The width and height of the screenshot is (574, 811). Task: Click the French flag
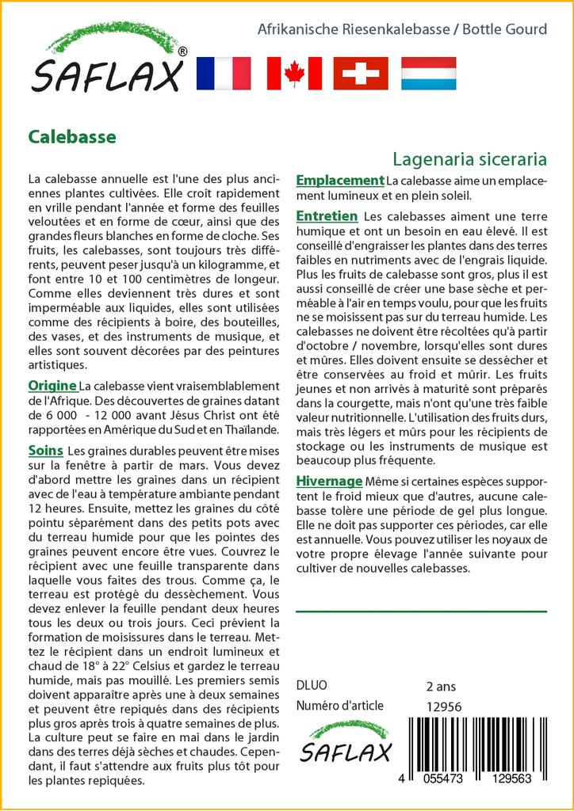[223, 74]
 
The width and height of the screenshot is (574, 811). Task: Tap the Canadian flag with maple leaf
[294, 74]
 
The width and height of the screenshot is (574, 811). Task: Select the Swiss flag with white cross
[361, 74]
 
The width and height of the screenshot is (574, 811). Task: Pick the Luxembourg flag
[428, 74]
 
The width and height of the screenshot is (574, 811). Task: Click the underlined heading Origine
[52, 386]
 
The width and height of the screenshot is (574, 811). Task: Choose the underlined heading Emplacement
[340, 181]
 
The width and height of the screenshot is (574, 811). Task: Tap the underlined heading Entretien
[327, 216]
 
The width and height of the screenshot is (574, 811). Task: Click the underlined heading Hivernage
[329, 482]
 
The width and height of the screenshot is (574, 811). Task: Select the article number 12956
[444, 706]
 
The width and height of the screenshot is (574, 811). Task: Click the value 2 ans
[441, 686]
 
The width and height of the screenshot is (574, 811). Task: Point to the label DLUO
[311, 686]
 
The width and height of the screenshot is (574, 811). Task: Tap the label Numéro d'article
[339, 706]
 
